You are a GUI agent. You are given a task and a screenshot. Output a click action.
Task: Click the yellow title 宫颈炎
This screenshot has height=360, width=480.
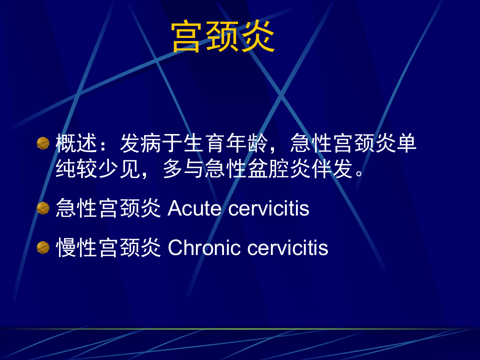[223, 37]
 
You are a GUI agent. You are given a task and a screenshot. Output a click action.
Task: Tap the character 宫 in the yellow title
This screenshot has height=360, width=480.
[188, 37]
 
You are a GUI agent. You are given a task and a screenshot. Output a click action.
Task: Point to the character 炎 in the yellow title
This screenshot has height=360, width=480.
[258, 37]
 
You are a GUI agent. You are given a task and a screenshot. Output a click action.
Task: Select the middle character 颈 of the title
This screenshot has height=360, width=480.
[223, 37]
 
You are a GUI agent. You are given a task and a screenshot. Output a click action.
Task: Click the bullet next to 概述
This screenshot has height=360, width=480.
[43, 143]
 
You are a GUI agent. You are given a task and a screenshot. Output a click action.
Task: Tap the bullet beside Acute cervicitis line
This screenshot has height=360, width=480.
[43, 208]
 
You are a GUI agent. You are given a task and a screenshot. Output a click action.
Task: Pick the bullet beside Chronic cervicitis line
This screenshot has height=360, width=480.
[43, 247]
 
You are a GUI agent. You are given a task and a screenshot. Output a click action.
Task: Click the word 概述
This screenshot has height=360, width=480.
[76, 144]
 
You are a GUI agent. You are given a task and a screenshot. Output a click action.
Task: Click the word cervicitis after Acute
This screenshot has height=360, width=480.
[268, 208]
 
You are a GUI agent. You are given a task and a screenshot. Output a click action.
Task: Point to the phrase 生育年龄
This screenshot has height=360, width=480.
[226, 144]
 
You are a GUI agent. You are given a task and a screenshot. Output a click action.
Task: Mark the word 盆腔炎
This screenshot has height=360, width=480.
[278, 169]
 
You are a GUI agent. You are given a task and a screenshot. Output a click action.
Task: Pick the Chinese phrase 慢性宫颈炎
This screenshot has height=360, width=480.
[108, 247]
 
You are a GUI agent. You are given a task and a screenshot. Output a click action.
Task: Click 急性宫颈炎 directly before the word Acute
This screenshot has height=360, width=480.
[108, 208]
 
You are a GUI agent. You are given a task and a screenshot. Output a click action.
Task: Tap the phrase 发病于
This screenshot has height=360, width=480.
[151, 144]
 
